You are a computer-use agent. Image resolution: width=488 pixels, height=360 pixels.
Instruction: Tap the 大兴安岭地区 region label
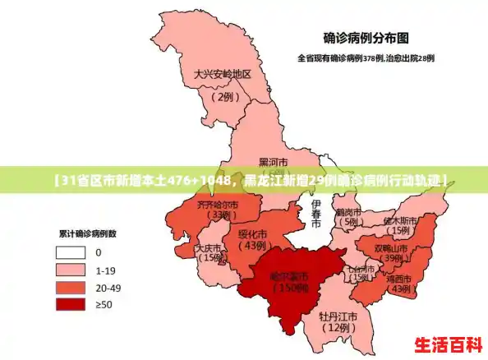coord(222,74)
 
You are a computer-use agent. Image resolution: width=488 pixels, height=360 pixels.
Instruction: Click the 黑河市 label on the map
coord(273,162)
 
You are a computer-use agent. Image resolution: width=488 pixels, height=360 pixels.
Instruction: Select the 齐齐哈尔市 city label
coord(218,204)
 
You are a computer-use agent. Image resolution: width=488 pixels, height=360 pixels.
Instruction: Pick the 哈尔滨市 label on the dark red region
coord(292,275)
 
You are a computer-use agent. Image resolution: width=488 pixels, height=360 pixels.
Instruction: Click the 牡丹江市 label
coord(338,316)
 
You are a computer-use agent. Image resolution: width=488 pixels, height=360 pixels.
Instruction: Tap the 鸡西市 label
coord(401,278)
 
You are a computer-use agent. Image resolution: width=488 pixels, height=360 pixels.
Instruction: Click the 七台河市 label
coord(360,268)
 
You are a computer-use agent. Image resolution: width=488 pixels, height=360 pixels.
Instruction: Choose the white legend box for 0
coord(71,252)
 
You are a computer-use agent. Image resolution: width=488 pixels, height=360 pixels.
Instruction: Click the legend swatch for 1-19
coord(71,270)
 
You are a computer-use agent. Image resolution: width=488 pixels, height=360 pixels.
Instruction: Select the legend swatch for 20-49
coord(71,287)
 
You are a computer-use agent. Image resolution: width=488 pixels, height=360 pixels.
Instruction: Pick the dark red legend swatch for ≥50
coord(71,304)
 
